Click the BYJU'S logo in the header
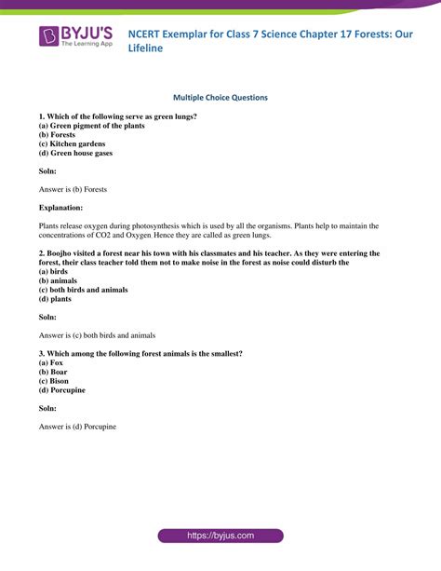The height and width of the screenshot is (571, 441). (x=78, y=37)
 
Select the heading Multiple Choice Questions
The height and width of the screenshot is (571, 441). (x=220, y=97)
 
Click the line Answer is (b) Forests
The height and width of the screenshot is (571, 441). (x=73, y=189)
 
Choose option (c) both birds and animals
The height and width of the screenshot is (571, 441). (x=84, y=290)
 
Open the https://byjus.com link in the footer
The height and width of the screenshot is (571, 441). (x=220, y=536)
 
